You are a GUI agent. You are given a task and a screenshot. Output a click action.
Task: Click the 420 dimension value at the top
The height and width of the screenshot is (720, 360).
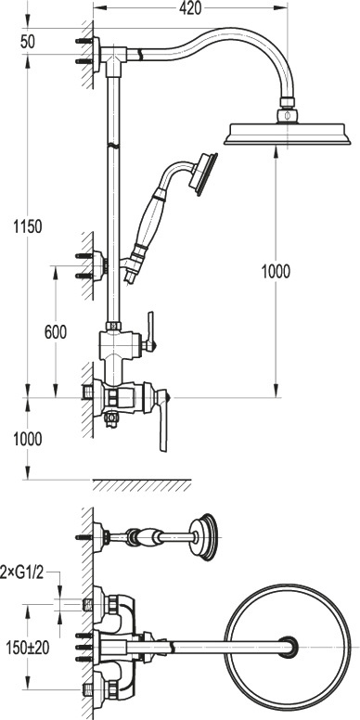(x=190, y=8)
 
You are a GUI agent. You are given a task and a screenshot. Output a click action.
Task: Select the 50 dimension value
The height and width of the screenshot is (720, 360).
(x=28, y=42)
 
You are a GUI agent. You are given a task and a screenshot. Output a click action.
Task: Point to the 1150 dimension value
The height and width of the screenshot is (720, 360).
(x=27, y=226)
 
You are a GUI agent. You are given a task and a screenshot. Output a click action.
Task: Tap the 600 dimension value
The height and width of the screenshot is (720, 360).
(x=55, y=332)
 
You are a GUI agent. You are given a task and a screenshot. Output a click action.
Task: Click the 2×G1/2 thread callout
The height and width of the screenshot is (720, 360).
(x=21, y=573)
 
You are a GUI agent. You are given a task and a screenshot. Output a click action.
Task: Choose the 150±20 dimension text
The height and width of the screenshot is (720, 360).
(x=28, y=648)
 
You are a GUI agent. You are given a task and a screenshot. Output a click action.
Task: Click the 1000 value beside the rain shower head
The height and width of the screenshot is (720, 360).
(x=276, y=272)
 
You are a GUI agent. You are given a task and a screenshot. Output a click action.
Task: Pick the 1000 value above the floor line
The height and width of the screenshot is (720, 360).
(x=27, y=439)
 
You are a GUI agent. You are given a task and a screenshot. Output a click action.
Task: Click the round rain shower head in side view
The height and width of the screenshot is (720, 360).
(x=287, y=134)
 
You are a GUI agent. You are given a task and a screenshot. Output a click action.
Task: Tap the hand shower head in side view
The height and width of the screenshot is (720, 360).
(x=202, y=174)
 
